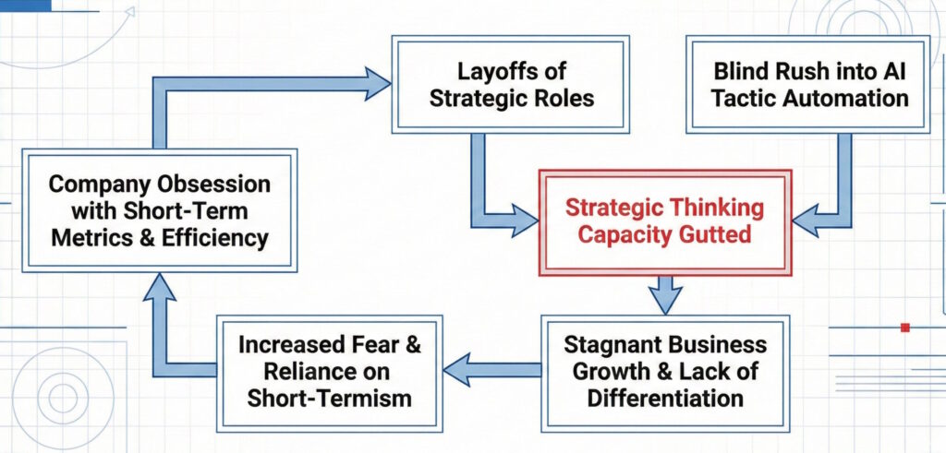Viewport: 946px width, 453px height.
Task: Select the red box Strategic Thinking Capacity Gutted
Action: coord(664,221)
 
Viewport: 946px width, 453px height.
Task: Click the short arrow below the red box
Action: coord(664,293)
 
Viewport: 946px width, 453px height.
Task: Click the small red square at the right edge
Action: coord(905,328)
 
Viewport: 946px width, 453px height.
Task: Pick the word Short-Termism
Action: coord(338,399)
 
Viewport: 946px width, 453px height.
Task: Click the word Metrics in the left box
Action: coord(97,238)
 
